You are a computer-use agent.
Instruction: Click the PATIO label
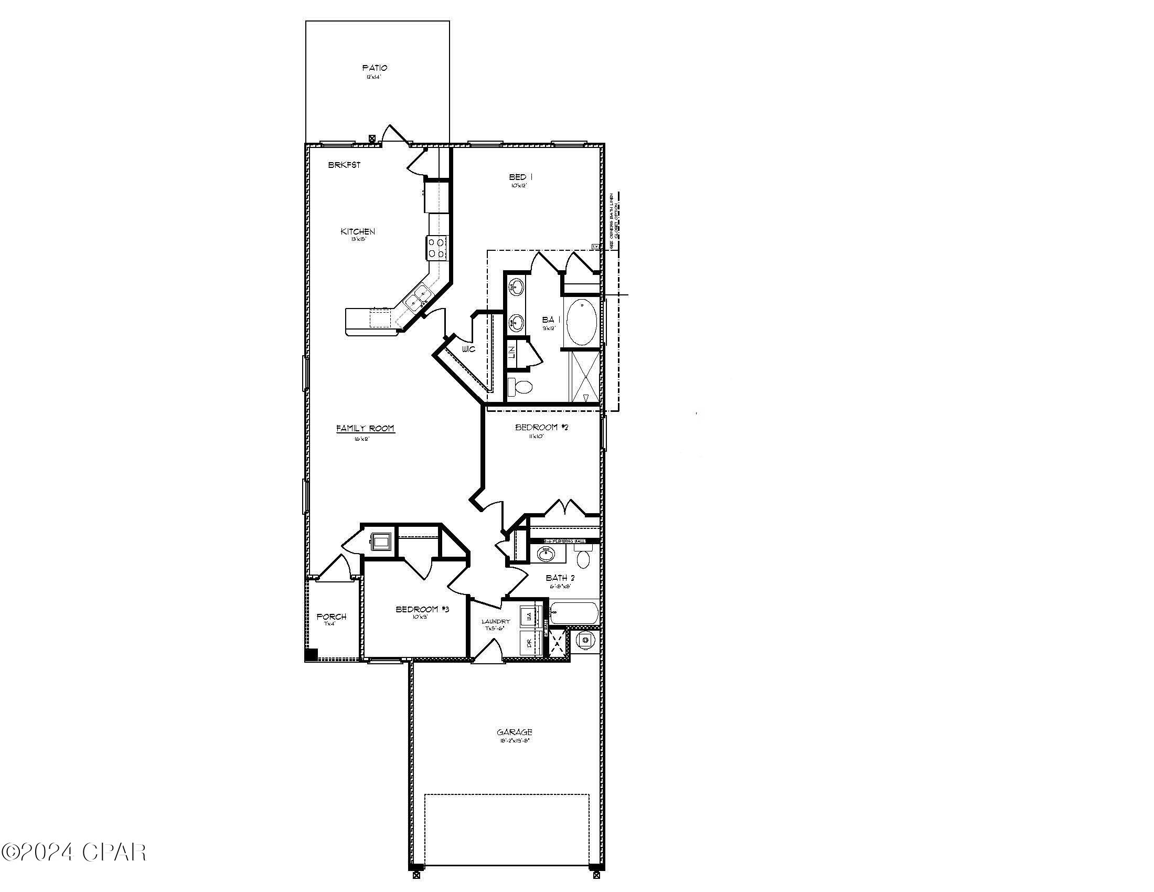click(375, 68)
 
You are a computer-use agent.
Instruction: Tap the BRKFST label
click(344, 165)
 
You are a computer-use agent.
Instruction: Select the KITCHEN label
click(358, 231)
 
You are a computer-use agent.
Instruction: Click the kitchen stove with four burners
click(437, 248)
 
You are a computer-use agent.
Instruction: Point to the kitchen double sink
click(418, 298)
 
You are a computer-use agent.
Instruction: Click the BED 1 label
click(520, 177)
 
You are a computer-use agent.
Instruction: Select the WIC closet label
click(468, 349)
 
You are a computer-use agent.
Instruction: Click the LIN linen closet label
click(511, 353)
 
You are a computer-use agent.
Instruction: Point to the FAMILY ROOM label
click(365, 429)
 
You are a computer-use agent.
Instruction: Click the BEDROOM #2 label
click(542, 427)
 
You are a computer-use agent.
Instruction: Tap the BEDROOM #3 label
click(422, 609)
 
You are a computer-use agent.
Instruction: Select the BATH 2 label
click(560, 578)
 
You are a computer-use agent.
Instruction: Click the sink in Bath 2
click(546, 554)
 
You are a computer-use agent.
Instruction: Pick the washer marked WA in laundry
click(529, 616)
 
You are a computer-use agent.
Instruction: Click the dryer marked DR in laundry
click(529, 644)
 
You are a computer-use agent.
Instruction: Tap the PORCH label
click(332, 617)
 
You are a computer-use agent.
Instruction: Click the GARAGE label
click(514, 732)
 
